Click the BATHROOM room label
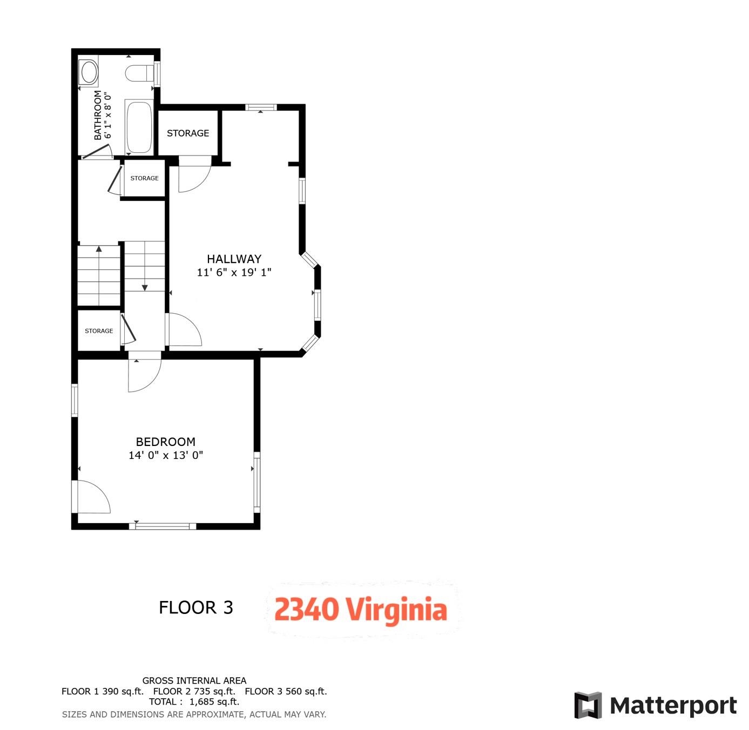(x=97, y=115)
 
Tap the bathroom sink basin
(x=88, y=72)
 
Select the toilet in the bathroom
(x=139, y=73)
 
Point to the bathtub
(x=139, y=127)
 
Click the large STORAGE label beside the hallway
(x=187, y=133)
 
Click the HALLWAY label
(x=234, y=259)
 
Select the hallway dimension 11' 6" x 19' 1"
(x=234, y=273)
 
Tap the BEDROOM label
(x=165, y=442)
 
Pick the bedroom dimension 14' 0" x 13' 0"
(x=165, y=455)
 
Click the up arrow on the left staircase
(x=99, y=249)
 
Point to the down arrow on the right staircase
(x=145, y=287)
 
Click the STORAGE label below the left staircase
(x=99, y=331)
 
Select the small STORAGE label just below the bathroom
(x=144, y=178)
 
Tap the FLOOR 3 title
(x=195, y=607)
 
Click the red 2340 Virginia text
(x=360, y=610)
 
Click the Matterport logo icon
(x=588, y=705)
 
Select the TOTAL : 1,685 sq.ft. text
(x=194, y=702)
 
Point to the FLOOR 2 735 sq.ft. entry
(x=194, y=691)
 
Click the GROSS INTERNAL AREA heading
(x=194, y=681)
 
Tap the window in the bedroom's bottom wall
(x=163, y=526)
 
